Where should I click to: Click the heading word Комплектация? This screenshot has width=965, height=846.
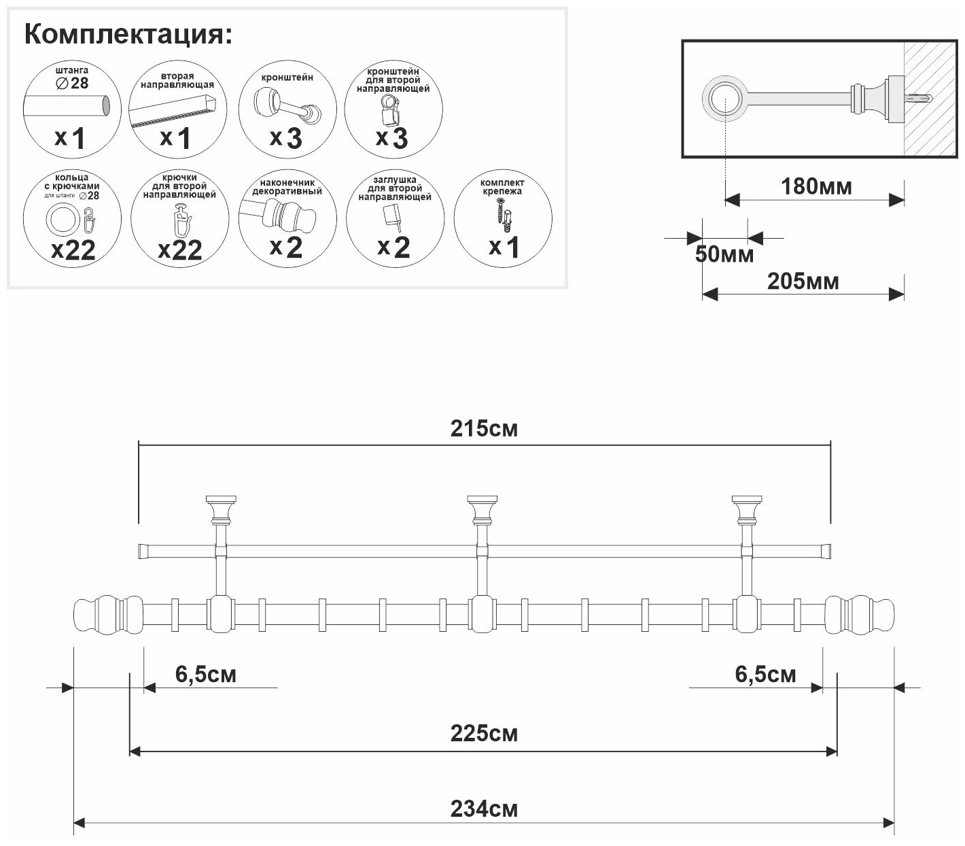[x=127, y=35]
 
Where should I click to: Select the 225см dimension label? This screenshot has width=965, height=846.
[x=483, y=733]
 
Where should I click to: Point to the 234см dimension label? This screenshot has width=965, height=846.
[x=483, y=809]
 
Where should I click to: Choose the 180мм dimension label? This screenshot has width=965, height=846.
[x=815, y=186]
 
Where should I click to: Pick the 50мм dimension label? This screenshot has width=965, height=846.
[x=724, y=254]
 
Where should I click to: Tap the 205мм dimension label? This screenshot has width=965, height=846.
[x=803, y=280]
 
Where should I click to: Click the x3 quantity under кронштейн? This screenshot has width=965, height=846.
[x=285, y=138]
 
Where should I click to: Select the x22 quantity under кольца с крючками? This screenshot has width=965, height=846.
[x=73, y=250]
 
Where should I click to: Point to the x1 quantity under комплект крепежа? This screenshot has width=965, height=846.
[x=504, y=247]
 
